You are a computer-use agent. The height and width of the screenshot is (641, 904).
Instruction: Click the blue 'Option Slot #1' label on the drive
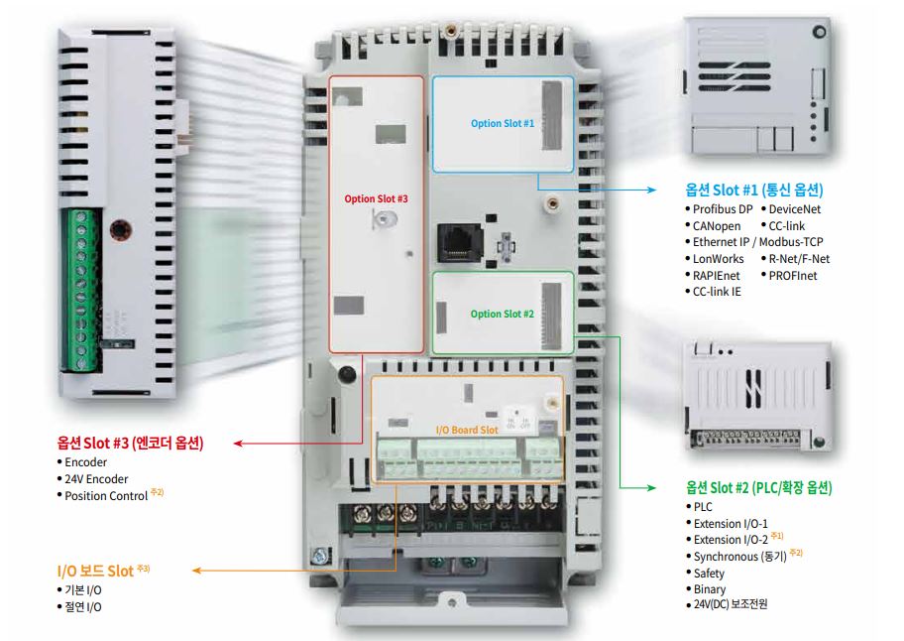coord(503,124)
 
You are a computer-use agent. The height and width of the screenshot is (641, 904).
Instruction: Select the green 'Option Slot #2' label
coord(503,315)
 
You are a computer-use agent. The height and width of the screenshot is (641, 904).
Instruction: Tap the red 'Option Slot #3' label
coord(376,198)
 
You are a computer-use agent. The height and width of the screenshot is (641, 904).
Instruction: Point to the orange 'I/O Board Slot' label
coord(467,430)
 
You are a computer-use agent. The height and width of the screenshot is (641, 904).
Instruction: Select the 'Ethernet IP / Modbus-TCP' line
coord(757,242)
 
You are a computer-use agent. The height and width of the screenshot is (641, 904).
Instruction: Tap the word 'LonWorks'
coord(718,259)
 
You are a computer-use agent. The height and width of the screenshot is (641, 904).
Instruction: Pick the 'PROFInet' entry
coord(792,275)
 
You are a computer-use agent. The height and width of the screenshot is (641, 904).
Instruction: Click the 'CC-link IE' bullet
coord(716,292)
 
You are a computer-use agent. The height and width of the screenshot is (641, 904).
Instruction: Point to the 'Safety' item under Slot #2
coord(709,573)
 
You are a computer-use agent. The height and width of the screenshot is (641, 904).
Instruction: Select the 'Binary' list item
coord(709,588)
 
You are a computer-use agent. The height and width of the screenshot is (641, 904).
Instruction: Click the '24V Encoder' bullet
coord(95,478)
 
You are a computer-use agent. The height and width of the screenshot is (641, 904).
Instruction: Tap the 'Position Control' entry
coord(106,495)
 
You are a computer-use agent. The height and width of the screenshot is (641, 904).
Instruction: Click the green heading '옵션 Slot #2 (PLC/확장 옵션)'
coord(758,488)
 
